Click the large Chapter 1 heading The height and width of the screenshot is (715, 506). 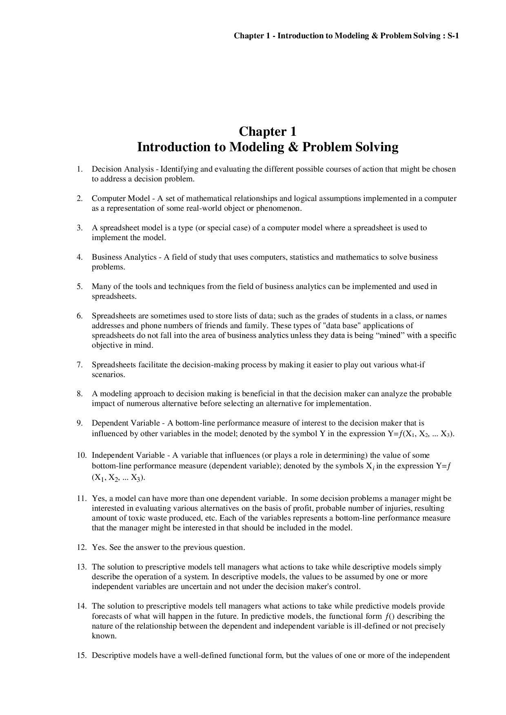tap(267, 132)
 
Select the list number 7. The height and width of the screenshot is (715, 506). tap(80, 365)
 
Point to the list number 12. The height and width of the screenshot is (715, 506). tap(81, 547)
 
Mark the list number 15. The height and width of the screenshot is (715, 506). tap(81, 655)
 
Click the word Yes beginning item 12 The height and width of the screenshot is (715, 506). tap(98, 547)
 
